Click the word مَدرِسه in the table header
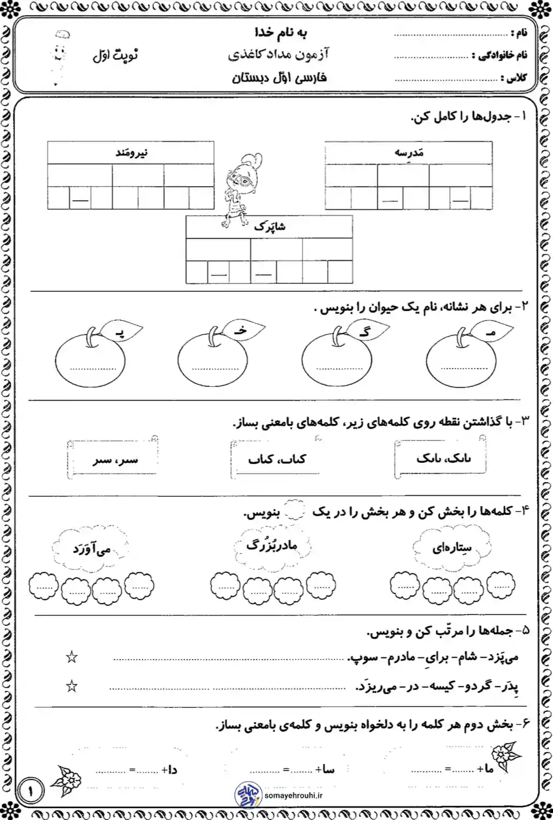409,153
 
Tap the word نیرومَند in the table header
131,153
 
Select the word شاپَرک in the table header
270,227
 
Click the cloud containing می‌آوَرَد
91,549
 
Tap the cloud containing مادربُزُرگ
272,546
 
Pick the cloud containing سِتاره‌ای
452,547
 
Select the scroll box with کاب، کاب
277,459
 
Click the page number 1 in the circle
31,791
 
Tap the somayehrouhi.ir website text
293,795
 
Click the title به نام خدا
281,33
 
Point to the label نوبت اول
115,55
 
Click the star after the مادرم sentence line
71,657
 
